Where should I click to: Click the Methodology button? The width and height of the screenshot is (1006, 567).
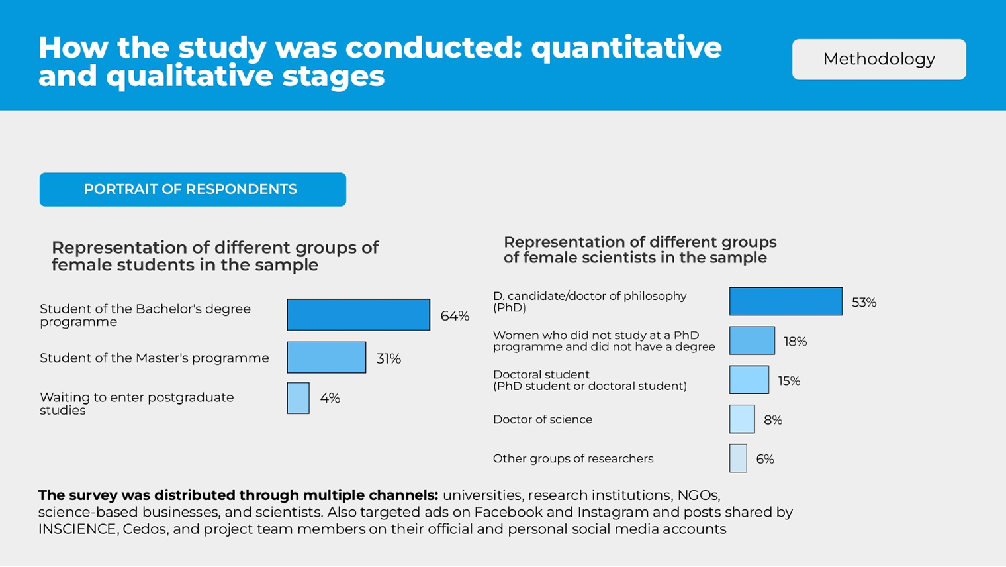[x=878, y=60]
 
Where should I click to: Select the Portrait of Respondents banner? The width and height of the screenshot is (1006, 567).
[x=193, y=189]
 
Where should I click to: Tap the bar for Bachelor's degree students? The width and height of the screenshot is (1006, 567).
[x=358, y=315]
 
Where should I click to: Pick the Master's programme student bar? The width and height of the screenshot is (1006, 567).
[x=326, y=358]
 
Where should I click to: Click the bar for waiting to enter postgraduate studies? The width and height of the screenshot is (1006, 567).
[x=298, y=398]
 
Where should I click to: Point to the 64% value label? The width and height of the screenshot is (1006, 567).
[x=455, y=316]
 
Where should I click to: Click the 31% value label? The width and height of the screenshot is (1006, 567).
[x=389, y=359]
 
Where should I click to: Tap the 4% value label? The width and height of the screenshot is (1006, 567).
[x=330, y=398]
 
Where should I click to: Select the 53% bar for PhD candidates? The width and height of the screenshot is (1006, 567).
[x=786, y=301]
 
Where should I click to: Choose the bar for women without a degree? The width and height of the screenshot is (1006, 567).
[x=752, y=340]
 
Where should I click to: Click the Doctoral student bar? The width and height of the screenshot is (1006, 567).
[x=749, y=380]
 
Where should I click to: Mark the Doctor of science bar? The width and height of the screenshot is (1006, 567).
[x=742, y=419]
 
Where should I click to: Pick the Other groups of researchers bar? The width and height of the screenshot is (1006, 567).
[x=738, y=458]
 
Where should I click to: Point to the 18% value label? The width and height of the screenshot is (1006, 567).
[x=795, y=342]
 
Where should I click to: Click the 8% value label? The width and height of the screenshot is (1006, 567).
[x=772, y=420]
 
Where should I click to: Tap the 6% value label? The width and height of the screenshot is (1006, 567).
[x=764, y=460]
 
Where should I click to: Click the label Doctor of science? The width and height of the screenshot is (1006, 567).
[x=542, y=419]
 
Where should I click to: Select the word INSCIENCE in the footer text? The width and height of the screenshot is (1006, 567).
[x=78, y=529]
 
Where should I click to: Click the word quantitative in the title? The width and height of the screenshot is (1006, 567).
[x=626, y=48]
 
